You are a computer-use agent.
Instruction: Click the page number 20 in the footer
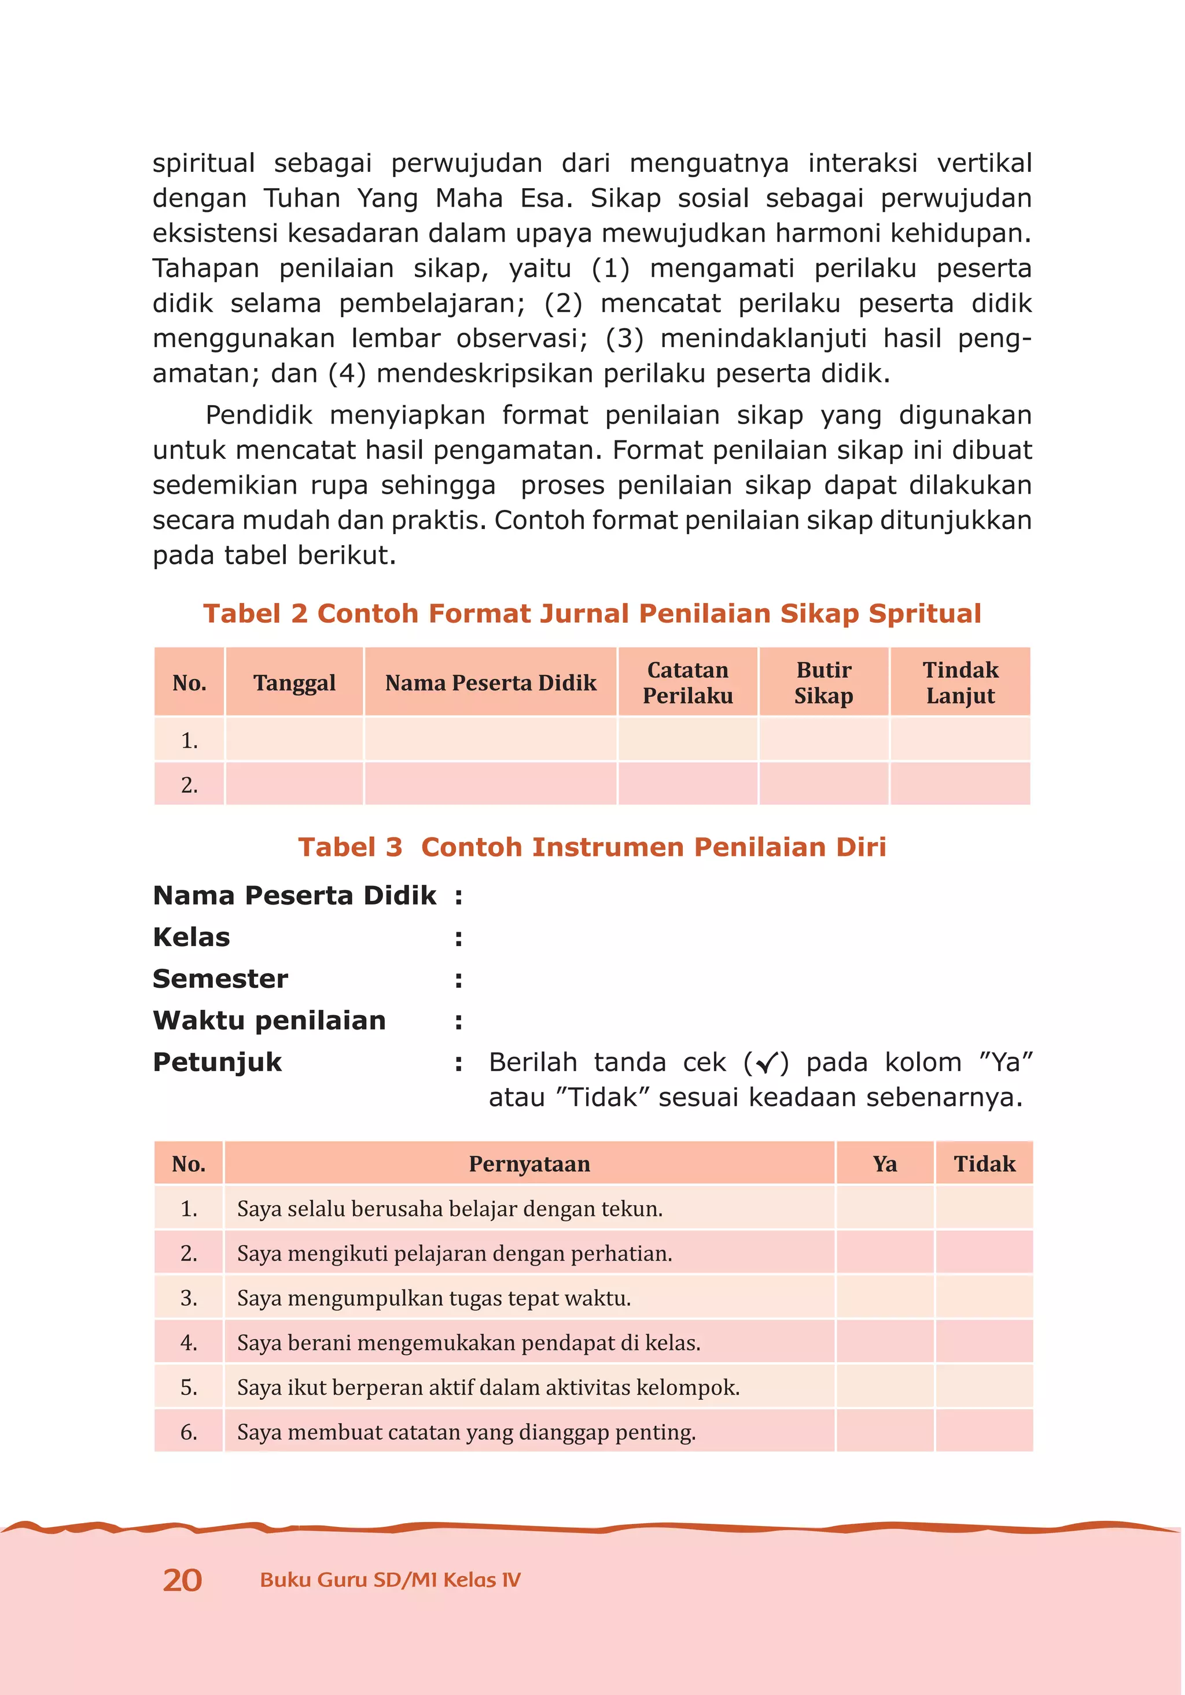pyautogui.click(x=182, y=1580)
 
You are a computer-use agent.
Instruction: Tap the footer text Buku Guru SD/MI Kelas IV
pyautogui.click(x=390, y=1580)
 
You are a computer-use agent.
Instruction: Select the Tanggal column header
pyautogui.click(x=294, y=683)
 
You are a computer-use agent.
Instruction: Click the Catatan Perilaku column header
pyautogui.click(x=687, y=683)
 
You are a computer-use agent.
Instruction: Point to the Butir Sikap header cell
pyautogui.click(x=823, y=683)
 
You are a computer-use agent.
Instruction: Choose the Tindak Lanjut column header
pyautogui.click(x=960, y=683)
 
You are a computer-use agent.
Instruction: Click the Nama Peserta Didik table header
pyautogui.click(x=490, y=683)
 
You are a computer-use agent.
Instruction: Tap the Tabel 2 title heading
pyautogui.click(x=592, y=613)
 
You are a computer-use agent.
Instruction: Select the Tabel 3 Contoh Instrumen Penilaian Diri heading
pyautogui.click(x=592, y=847)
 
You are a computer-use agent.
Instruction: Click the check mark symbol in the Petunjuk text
pyautogui.click(x=767, y=1063)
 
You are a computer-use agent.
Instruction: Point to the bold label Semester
pyautogui.click(x=220, y=979)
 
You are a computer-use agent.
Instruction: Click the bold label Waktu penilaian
pyautogui.click(x=268, y=1020)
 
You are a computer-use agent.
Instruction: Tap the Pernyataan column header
pyautogui.click(x=529, y=1164)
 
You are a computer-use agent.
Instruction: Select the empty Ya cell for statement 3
pyautogui.click(x=885, y=1298)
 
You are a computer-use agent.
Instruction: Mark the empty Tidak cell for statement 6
pyautogui.click(x=984, y=1432)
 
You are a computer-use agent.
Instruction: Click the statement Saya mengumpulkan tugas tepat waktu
pyautogui.click(x=434, y=1298)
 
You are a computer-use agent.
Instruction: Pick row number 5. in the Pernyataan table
pyautogui.click(x=189, y=1387)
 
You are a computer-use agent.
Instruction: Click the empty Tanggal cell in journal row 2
pyautogui.click(x=294, y=784)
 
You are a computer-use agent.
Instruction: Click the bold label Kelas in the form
pyautogui.click(x=191, y=937)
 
